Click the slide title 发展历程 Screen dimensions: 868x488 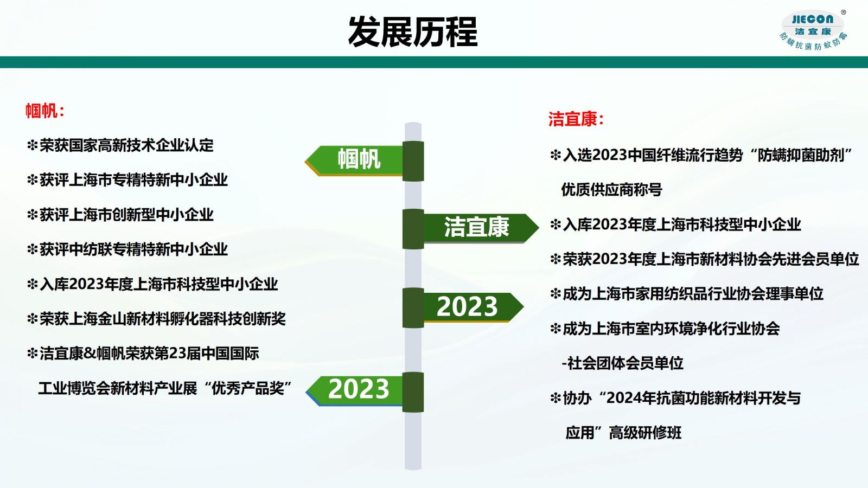[413, 32]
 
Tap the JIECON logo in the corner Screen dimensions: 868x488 [813, 30]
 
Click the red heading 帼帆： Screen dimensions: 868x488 [45, 111]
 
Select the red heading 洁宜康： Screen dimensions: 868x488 [576, 119]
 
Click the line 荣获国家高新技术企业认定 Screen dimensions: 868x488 [126, 146]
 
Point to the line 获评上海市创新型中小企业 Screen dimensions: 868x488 [126, 215]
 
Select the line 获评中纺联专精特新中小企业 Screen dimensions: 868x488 [133, 249]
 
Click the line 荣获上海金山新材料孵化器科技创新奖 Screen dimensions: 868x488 [163, 319]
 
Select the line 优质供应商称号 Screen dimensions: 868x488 [612, 190]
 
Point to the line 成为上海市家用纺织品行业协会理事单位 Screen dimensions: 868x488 [693, 293]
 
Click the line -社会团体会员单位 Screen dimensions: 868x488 [622, 363]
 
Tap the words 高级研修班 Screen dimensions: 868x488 [645, 433]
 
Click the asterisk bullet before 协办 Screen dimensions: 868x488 [556, 398]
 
